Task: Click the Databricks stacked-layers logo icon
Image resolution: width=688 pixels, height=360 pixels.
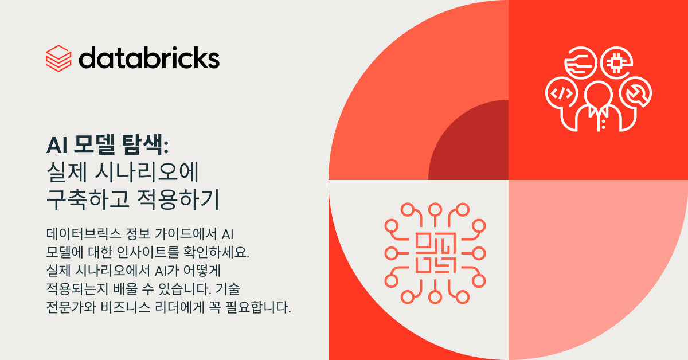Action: (x=58, y=58)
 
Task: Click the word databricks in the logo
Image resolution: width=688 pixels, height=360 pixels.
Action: (x=149, y=58)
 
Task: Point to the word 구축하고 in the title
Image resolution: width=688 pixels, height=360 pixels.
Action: (x=88, y=199)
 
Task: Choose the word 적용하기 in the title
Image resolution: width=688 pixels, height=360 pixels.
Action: (x=178, y=199)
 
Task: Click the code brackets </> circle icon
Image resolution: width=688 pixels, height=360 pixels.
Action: (x=562, y=93)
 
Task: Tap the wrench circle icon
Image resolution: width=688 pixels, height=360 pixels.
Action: (x=635, y=93)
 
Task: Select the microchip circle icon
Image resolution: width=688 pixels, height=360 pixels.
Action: (x=616, y=62)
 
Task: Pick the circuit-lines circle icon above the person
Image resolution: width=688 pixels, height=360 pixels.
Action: (x=580, y=62)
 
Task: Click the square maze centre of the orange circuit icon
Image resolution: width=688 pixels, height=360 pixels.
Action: (x=435, y=253)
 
